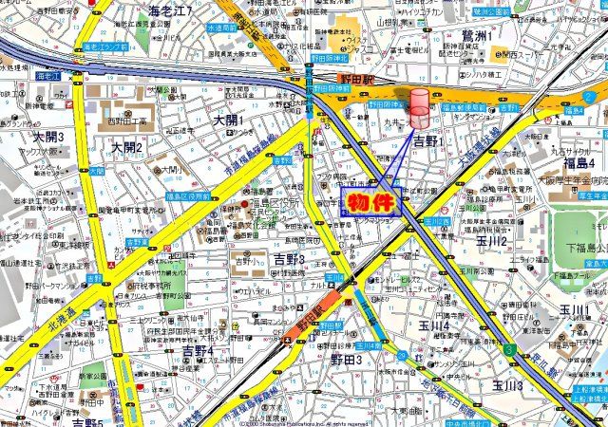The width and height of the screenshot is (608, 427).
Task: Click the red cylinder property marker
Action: coord(419,106)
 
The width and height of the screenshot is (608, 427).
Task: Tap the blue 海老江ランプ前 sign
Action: coord(105,45)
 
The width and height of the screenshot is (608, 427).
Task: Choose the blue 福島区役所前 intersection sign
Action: coord(189,195)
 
